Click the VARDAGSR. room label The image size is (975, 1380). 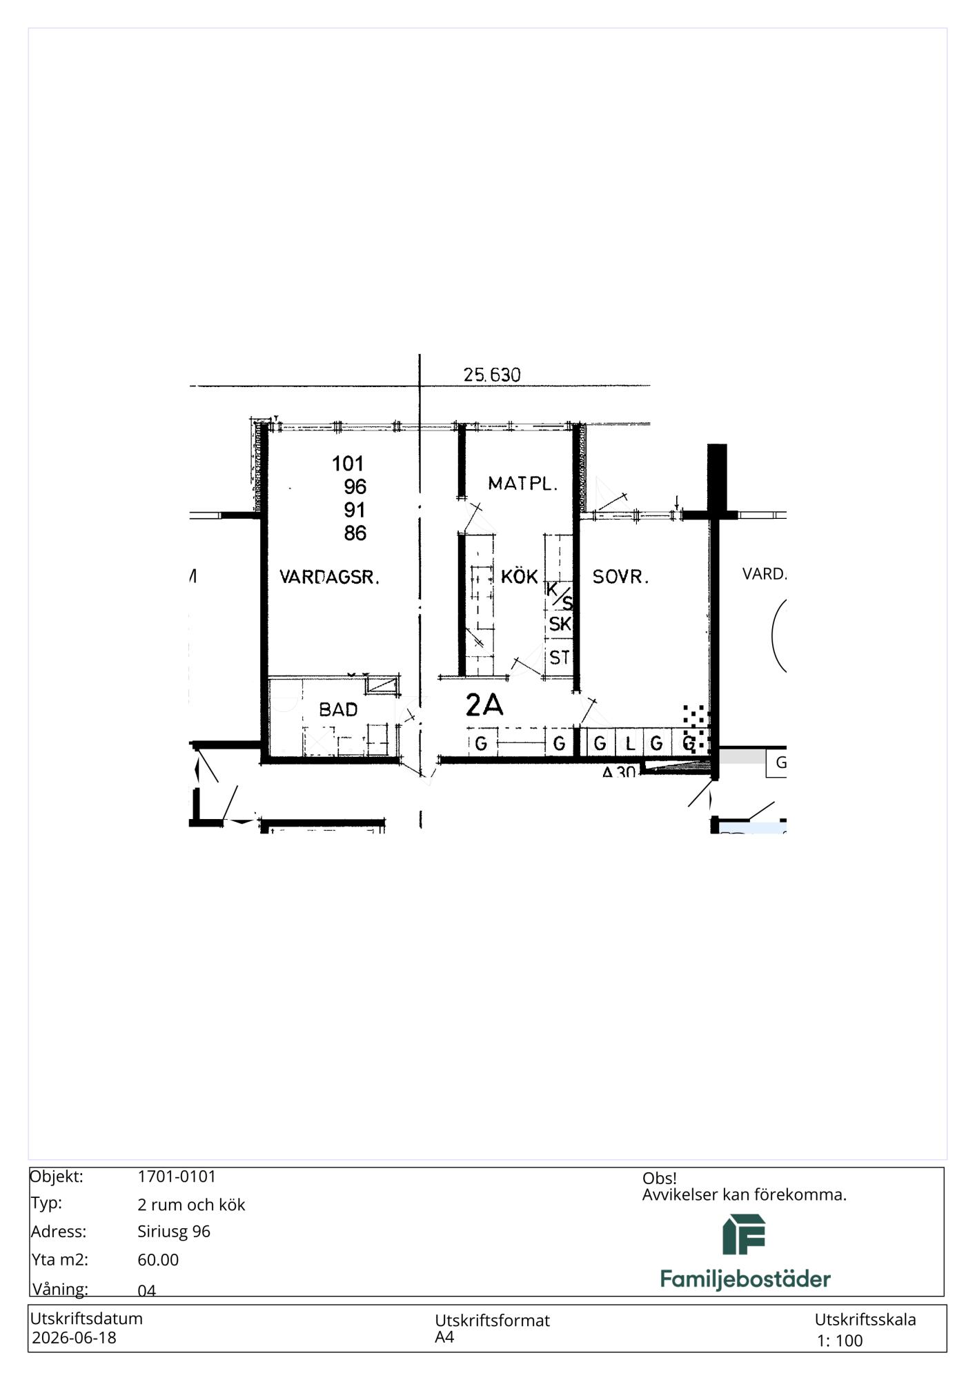click(329, 577)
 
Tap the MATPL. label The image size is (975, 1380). click(522, 484)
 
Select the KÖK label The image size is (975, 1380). click(519, 576)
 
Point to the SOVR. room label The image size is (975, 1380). click(620, 577)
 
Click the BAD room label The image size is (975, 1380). click(338, 709)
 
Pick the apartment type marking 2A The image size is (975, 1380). click(484, 705)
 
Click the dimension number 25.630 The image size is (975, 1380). click(492, 375)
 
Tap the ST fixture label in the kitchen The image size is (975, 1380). click(559, 658)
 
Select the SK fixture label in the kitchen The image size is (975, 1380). click(560, 624)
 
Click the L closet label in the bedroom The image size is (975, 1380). click(629, 744)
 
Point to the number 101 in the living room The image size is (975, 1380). click(348, 463)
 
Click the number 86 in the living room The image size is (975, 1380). click(355, 533)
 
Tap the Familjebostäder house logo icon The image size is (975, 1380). click(744, 1234)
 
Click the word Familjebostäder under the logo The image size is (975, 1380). click(745, 1279)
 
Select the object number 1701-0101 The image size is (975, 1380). click(177, 1176)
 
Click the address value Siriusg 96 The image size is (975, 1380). click(174, 1232)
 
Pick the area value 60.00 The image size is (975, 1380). click(158, 1260)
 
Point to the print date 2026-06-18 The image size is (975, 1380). click(75, 1338)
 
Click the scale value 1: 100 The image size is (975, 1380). click(840, 1341)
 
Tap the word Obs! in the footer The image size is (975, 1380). click(660, 1179)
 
